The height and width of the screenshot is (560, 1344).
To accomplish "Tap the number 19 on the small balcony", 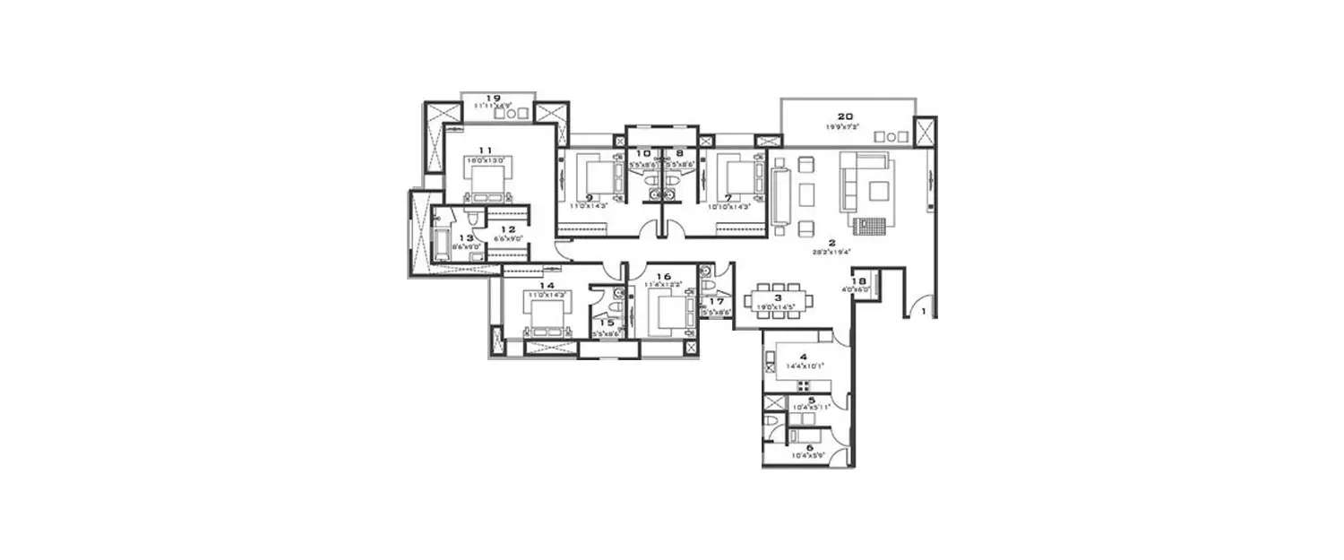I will (492, 98).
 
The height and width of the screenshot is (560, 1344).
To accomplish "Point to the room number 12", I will (508, 229).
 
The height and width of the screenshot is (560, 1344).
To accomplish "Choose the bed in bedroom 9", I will (599, 177).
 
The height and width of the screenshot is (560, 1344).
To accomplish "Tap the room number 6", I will (810, 447).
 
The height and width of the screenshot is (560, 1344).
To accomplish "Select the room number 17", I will (715, 302).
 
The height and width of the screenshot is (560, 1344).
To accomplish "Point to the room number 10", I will (643, 153).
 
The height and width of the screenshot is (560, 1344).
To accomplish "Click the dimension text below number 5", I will (811, 407).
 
